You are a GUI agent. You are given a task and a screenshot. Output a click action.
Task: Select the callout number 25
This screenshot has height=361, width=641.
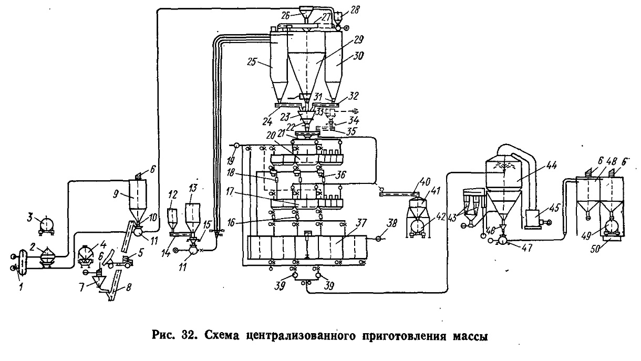251,62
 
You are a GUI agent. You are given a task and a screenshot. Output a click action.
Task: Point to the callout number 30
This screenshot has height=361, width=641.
357,56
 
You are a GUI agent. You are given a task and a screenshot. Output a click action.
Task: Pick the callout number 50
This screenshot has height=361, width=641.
595,249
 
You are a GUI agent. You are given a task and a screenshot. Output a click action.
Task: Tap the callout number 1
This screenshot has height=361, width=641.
20,286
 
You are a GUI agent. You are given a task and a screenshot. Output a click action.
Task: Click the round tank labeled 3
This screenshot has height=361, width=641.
46,225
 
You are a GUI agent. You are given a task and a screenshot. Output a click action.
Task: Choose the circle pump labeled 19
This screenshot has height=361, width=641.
236,146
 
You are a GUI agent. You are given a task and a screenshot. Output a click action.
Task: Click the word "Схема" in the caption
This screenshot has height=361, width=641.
222,335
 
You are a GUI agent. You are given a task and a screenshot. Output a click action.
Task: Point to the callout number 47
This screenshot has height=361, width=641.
526,247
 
